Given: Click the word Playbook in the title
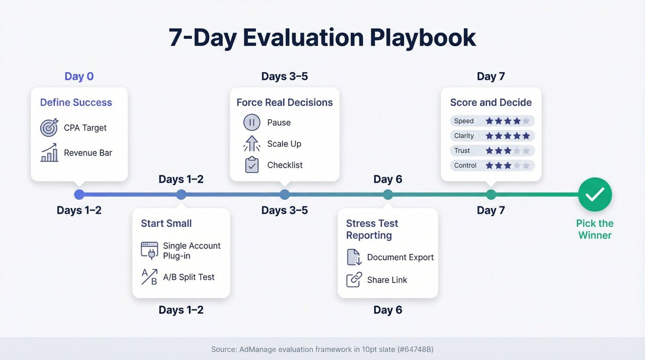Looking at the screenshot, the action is coord(423,38).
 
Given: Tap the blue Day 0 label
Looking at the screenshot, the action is coord(79,77).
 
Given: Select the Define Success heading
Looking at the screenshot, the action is coord(76,103).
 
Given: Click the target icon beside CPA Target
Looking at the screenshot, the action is coord(49,127).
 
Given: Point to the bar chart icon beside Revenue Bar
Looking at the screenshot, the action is coord(49,153).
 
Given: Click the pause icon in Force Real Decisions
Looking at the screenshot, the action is coord(252,122).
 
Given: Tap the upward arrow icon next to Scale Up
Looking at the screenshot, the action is coord(252,144).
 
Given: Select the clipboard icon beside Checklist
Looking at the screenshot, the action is coord(252,165).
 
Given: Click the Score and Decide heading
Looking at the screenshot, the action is coord(491,103).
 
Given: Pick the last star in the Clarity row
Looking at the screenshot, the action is coord(526,136).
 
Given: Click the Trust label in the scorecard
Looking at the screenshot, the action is coord(462,151).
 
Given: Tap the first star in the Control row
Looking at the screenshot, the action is coord(489,165).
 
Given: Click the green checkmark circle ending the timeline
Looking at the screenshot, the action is coord(595,194).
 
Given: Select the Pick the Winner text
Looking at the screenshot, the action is coord(594,229).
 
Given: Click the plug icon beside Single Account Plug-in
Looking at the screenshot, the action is coord(149,250).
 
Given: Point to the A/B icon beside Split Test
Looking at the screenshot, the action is coord(149,277).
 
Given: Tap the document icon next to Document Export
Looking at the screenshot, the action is coord(354,257).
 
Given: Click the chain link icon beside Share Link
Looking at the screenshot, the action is coord(354,280).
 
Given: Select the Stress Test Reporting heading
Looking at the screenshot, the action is coord(372,229).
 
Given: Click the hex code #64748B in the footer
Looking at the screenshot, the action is coord(416,349).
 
